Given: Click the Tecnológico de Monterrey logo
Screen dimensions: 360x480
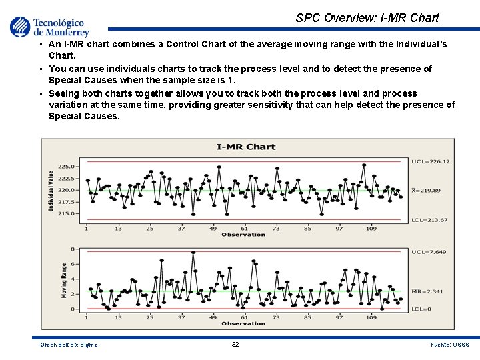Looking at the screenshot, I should (x=49, y=27).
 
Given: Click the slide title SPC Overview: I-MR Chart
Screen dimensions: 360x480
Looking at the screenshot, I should (x=367, y=18).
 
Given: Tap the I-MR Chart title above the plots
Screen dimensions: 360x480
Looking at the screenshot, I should (x=246, y=147).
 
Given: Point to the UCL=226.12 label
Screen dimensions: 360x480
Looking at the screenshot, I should (x=431, y=161).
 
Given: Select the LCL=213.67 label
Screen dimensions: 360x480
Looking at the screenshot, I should (x=430, y=220).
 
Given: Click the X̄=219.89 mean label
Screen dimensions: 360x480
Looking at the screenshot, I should (x=427, y=191).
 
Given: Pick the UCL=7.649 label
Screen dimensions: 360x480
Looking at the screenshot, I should (x=429, y=252).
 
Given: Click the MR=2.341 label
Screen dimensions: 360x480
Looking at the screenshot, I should (x=427, y=291).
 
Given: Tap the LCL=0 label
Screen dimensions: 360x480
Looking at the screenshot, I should (x=421, y=309).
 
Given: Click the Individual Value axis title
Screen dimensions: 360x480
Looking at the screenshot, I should (x=51, y=191).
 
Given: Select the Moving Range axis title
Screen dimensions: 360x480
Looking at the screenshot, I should (x=64, y=280).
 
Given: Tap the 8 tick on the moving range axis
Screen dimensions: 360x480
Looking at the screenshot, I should (x=73, y=249).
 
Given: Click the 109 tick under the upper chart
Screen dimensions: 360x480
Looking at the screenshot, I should (x=371, y=229).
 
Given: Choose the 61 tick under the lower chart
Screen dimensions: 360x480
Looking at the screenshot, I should (x=245, y=318).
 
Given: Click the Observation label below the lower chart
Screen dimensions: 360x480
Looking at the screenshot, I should (x=243, y=324).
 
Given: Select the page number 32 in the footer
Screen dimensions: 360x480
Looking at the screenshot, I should (x=235, y=345).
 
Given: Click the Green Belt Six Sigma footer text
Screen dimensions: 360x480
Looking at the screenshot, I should (x=69, y=345).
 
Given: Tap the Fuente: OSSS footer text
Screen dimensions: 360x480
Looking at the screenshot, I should (x=451, y=345).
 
